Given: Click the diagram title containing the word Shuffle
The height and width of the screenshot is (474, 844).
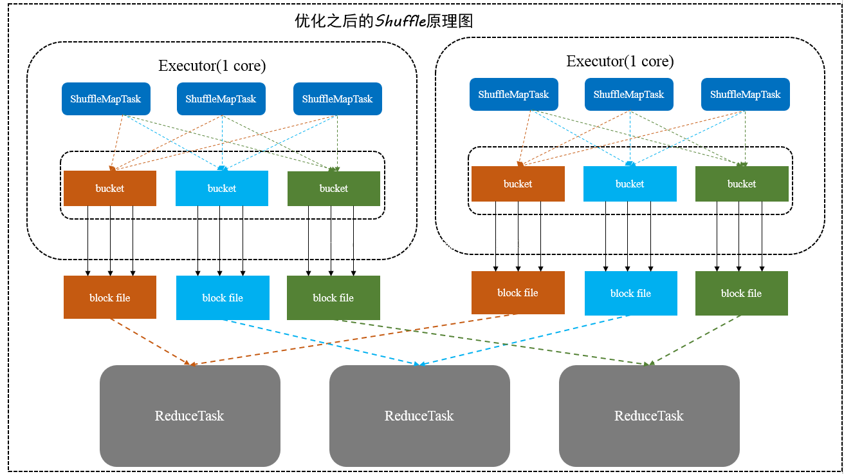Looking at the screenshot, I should [383, 21].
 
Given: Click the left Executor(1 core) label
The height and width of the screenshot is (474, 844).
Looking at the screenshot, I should [212, 66].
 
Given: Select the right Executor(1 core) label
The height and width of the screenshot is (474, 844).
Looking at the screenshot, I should [619, 61].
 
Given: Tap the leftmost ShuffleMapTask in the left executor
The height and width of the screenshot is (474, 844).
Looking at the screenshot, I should [105, 99].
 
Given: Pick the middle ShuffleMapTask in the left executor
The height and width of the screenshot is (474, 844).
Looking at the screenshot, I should [221, 99].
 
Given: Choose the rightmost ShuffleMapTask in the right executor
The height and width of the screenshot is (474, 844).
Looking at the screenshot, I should [745, 95].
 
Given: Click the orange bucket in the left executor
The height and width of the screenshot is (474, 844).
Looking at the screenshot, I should [110, 188].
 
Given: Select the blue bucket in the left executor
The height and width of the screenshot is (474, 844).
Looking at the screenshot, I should [221, 188].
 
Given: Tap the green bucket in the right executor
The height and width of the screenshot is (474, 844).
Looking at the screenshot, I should [741, 184].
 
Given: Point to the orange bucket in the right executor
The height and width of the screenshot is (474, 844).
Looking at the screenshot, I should [518, 184].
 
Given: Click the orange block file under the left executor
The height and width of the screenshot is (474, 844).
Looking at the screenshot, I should [110, 298].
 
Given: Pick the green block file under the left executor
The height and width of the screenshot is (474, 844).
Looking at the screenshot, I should [333, 298].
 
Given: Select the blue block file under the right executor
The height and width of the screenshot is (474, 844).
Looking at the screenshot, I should [630, 293].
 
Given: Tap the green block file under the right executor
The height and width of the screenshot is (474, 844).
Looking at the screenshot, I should [741, 293].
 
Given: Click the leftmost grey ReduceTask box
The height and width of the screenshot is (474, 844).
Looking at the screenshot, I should [190, 415].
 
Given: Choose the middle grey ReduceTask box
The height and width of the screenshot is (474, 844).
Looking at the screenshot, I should [419, 415].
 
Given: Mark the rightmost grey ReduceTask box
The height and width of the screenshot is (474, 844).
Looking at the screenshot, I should [649, 415].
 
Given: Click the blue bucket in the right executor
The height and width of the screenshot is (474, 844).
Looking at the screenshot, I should [630, 184].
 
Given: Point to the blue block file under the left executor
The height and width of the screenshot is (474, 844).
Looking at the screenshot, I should [223, 298].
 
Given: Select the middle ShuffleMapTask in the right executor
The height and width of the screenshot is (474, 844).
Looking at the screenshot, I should [628, 95].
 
